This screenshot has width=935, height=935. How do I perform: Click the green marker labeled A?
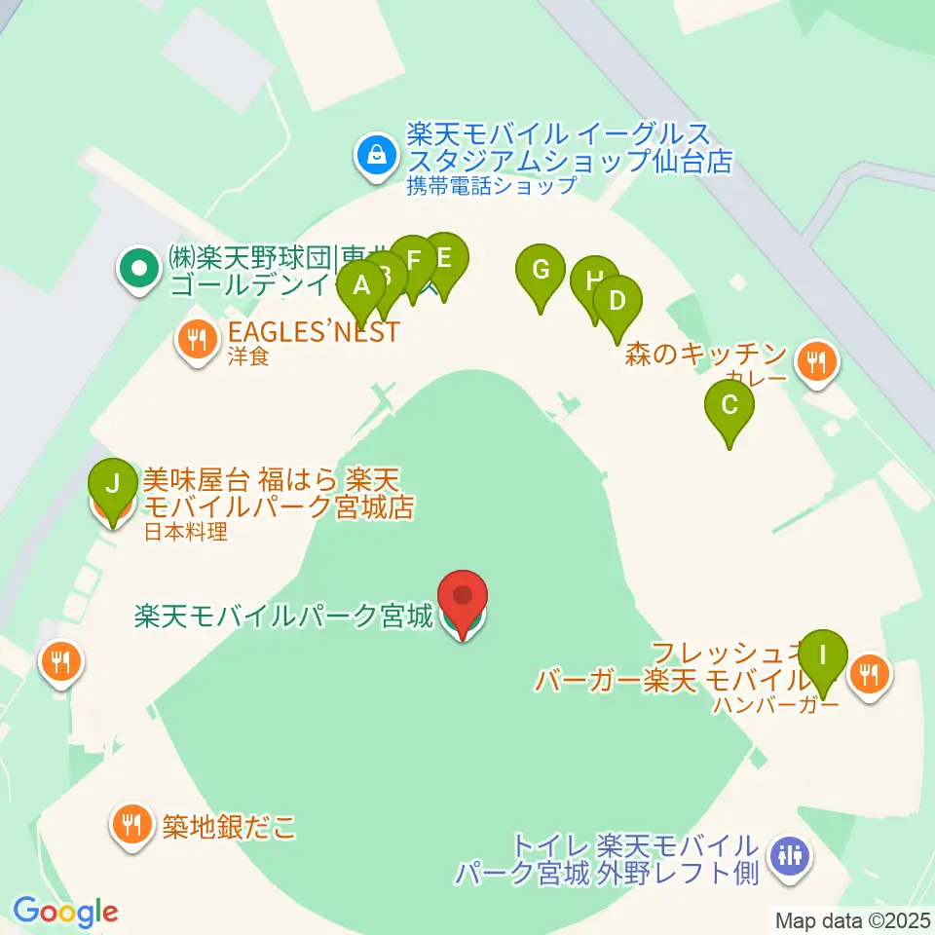(x=361, y=286)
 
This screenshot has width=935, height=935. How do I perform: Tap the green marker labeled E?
(x=444, y=258)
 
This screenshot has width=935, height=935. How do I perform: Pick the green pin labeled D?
(x=616, y=300)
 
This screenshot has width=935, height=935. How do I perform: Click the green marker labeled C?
(x=729, y=403)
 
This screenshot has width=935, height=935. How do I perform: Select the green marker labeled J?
(x=114, y=483)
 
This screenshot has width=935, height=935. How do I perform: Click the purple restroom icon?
(x=788, y=856)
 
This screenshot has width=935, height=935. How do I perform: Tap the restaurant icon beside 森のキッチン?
(x=816, y=362)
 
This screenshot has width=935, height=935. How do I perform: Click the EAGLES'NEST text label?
(x=314, y=331)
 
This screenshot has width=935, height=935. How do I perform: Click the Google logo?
(x=65, y=912)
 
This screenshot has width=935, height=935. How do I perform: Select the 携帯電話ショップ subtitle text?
(x=492, y=185)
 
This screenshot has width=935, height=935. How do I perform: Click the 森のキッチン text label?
(x=706, y=354)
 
